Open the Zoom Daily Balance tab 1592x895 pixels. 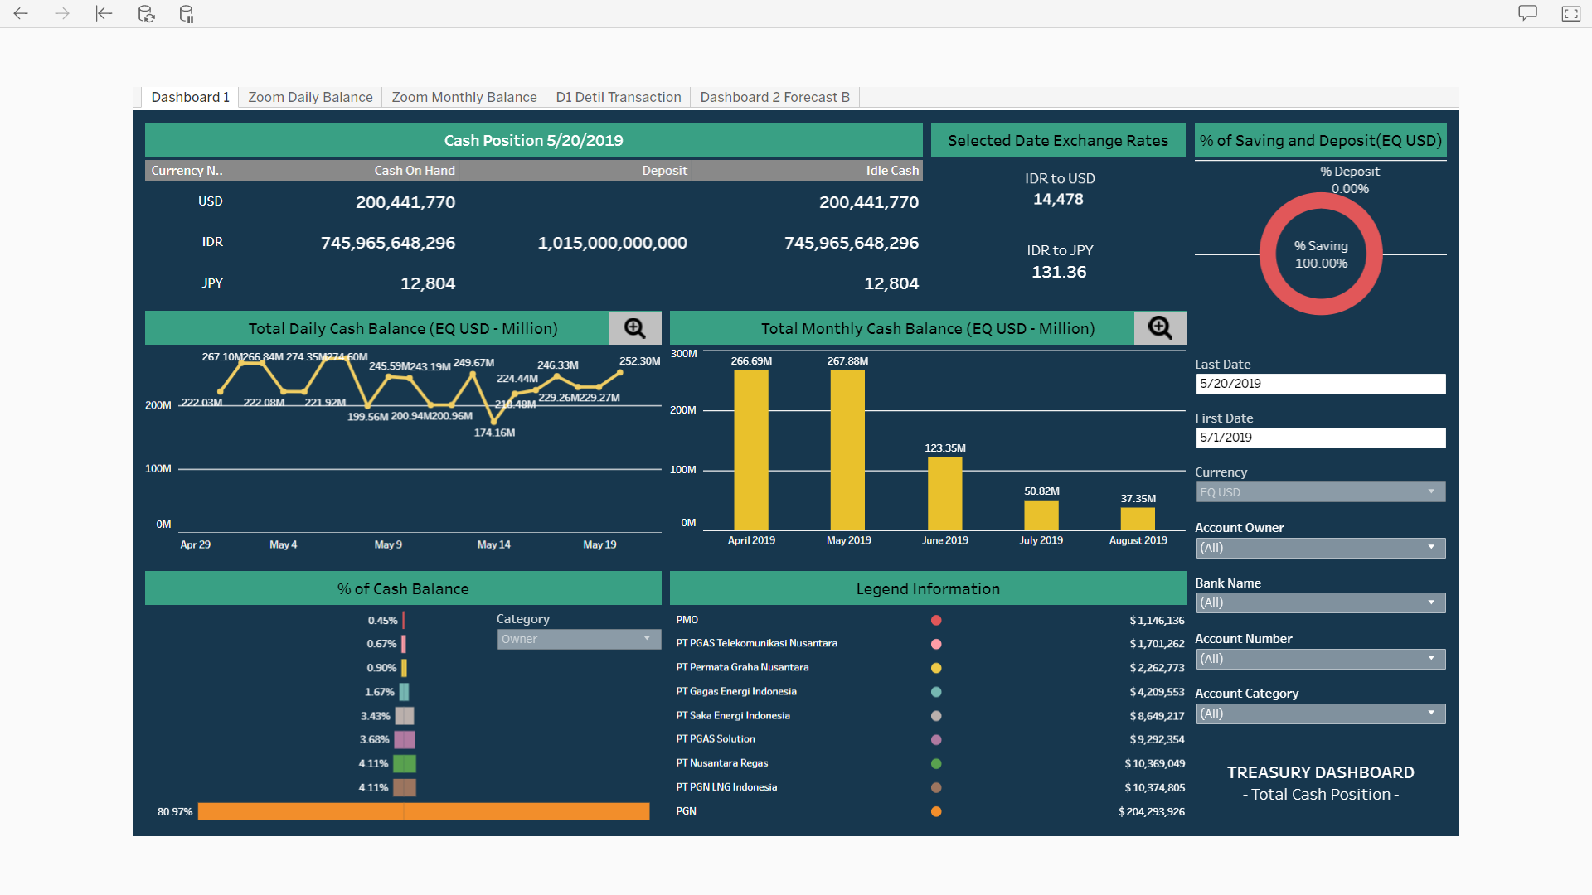click(310, 97)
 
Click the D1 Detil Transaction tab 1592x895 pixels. click(618, 97)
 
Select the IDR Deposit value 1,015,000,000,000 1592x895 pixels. click(612, 243)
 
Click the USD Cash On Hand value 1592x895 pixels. click(405, 202)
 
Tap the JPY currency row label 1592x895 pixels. click(212, 283)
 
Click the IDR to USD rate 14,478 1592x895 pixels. click(1058, 199)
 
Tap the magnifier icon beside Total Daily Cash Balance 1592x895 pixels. click(634, 328)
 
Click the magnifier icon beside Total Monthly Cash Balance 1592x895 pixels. click(1159, 328)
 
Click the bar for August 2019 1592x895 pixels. click(1138, 519)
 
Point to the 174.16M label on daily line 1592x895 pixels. click(494, 433)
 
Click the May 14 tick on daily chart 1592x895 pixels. click(493, 544)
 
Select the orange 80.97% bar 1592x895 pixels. click(423, 811)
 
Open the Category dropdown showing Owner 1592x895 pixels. click(578, 639)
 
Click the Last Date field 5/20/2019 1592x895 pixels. click(1320, 384)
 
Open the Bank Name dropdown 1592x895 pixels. click(1320, 602)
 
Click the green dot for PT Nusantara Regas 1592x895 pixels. click(936, 763)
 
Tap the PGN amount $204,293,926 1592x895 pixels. click(1151, 811)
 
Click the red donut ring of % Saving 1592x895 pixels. click(1268, 254)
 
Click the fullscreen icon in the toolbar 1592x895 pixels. click(1570, 13)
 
